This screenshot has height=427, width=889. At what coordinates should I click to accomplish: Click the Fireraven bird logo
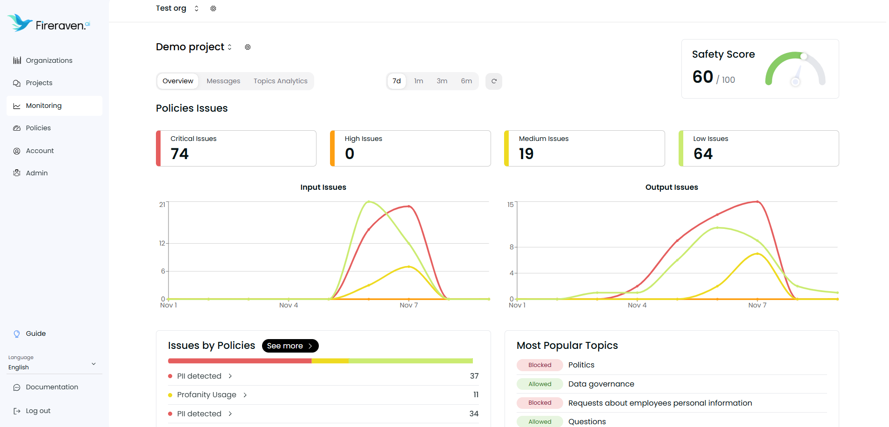(x=20, y=22)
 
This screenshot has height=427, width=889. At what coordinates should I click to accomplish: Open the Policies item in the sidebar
(x=38, y=128)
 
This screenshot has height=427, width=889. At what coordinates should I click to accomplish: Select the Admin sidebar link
(x=37, y=173)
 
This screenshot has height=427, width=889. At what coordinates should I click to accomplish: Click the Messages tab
(x=223, y=81)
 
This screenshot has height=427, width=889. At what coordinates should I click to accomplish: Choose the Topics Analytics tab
(x=280, y=81)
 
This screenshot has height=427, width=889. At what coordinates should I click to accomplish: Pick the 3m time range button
(x=442, y=81)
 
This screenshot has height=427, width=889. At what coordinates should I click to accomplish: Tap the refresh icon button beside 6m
(x=493, y=81)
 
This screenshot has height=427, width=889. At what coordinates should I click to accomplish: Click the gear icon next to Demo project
(x=248, y=47)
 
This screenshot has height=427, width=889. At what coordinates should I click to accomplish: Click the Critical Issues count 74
(x=180, y=154)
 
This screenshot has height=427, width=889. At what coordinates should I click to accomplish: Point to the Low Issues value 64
(x=703, y=154)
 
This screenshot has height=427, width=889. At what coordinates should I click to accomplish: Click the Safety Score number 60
(x=702, y=77)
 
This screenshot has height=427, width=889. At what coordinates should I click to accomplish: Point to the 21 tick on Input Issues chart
(x=162, y=205)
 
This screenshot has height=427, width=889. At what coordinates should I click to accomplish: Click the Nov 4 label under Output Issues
(x=637, y=305)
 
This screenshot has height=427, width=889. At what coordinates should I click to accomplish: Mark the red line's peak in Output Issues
(x=757, y=201)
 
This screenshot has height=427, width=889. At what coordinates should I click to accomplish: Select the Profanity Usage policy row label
(x=207, y=395)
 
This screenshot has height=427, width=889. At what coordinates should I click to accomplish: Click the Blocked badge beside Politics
(x=539, y=365)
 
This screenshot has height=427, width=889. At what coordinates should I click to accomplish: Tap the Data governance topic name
(x=601, y=384)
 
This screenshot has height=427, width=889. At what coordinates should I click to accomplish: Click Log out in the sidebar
(x=38, y=411)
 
